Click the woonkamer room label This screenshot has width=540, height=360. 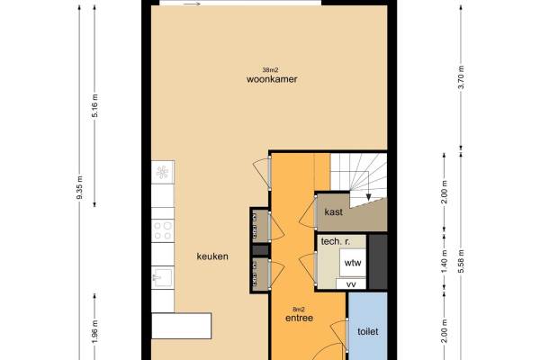point(272,79)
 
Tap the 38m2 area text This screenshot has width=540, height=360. point(270,70)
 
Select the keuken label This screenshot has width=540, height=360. point(212,256)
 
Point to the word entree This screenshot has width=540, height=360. point(300,318)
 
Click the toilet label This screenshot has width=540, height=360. point(368,331)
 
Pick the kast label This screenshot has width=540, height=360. point(333,211)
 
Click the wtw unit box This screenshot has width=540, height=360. point(353,263)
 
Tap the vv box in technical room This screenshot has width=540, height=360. point(351,284)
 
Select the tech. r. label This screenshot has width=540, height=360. point(335,241)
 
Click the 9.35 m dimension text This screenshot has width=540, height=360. point(79,187)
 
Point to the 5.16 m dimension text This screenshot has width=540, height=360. point(95,105)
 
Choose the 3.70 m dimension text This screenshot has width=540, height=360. point(461,76)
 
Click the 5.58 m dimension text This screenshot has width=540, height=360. point(461,261)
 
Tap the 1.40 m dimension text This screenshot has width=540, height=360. point(445,261)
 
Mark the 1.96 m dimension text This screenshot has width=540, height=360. point(95,331)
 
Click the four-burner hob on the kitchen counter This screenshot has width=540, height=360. point(163,230)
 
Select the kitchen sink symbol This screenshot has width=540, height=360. point(163,278)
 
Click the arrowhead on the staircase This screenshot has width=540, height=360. point(368,197)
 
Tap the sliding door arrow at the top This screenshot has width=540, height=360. point(192,4)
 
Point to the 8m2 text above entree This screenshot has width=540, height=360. point(299,310)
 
